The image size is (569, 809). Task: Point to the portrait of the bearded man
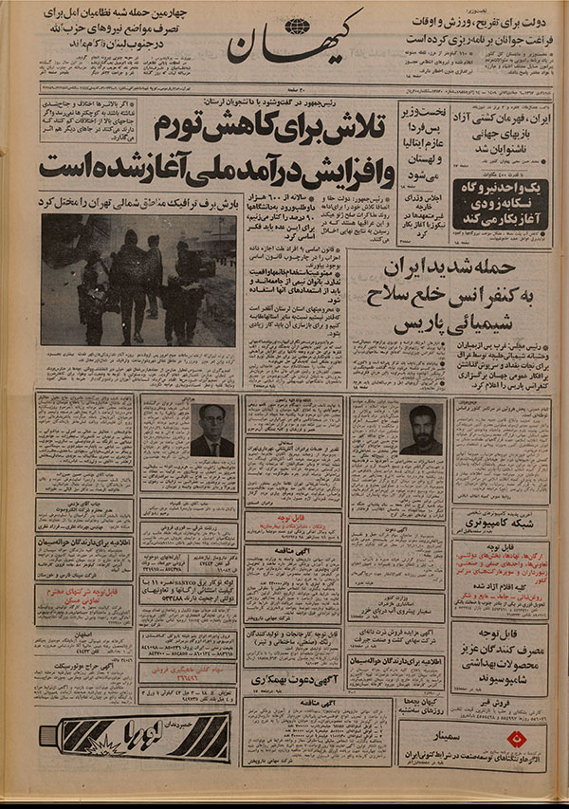[x=420, y=430]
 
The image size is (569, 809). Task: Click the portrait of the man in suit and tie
[x=211, y=431]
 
